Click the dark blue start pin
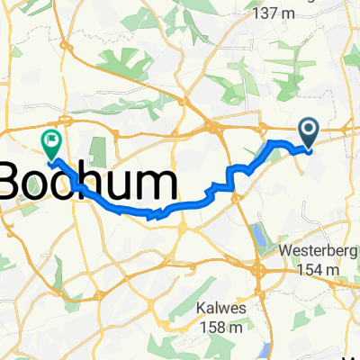click(x=308, y=135)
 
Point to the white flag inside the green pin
click(x=50, y=139)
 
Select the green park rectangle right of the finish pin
click(x=99, y=136)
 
